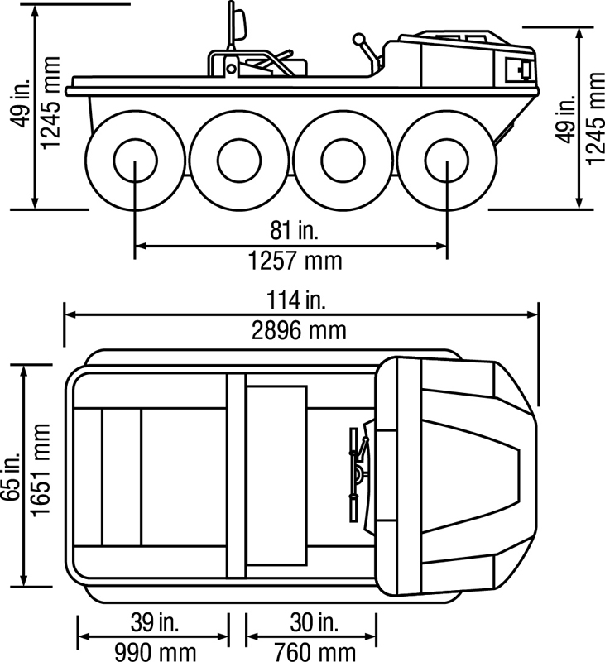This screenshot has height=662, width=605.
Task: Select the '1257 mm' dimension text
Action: [295, 261]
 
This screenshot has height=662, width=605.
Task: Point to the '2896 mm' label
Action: [299, 331]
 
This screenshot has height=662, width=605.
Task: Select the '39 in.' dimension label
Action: [155, 621]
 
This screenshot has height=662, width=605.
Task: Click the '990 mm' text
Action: [155, 651]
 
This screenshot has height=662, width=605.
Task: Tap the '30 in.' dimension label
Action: [313, 621]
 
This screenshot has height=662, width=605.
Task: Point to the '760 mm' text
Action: [314, 651]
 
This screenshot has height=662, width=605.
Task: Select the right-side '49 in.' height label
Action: [566, 120]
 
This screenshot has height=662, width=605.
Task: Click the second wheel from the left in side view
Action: [238, 160]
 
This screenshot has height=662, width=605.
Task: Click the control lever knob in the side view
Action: [358, 39]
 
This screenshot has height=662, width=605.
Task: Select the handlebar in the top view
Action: [358, 475]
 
